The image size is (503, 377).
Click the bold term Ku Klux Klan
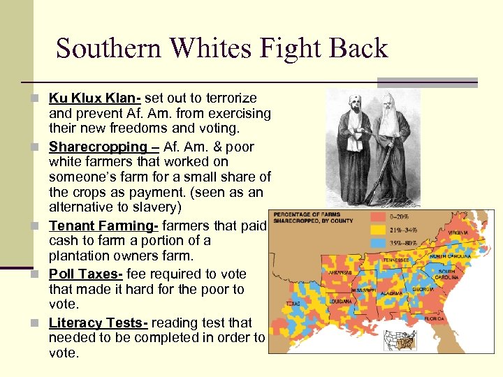(94, 98)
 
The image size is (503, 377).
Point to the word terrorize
(227, 98)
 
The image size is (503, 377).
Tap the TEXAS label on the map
(293, 304)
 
